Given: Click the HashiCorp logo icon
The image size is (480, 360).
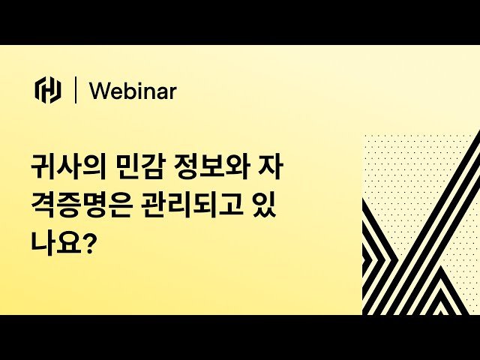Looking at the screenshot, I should tap(48, 90).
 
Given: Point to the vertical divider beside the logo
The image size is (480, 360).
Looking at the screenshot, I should tap(75, 90).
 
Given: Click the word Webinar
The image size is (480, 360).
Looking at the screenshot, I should tap(133, 91).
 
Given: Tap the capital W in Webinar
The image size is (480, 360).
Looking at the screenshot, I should tap(98, 91).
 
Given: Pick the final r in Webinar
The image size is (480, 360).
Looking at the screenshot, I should tap(172, 92).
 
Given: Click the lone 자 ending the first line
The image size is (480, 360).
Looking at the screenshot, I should tap(273, 166).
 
